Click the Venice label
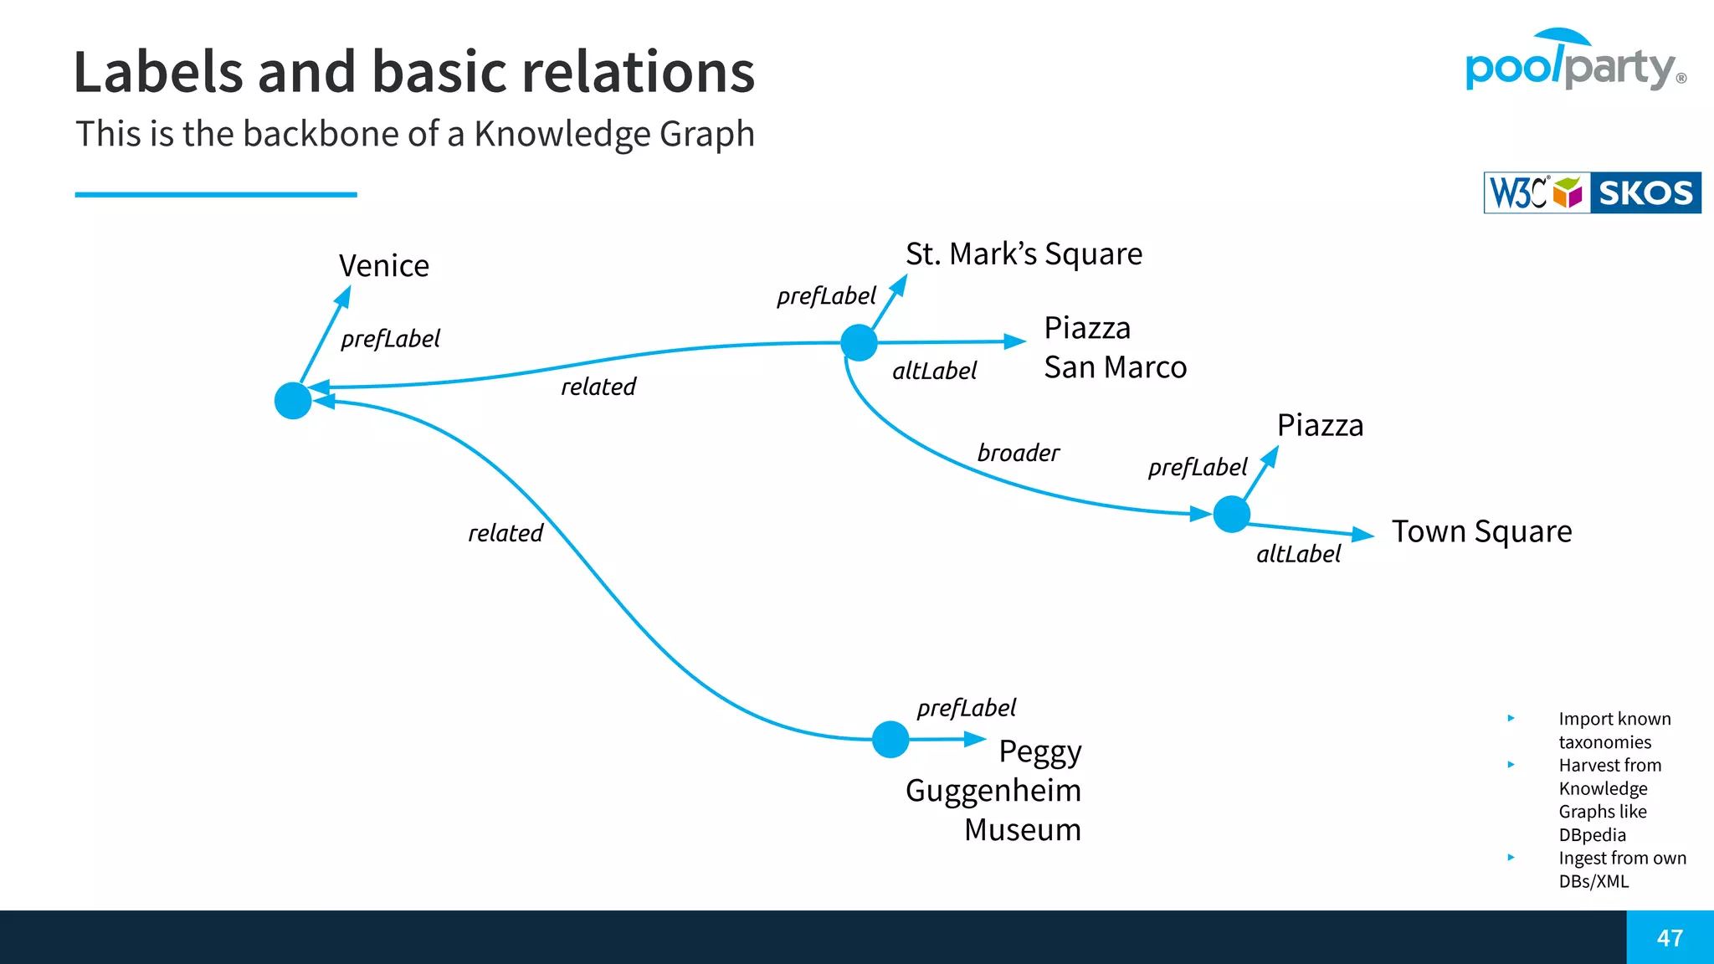[x=384, y=266]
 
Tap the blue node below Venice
[x=293, y=401]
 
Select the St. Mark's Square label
[x=1024, y=254]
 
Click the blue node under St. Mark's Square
[x=859, y=343]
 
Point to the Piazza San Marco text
[x=1114, y=347]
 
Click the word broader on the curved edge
[x=1018, y=454]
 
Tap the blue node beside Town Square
[x=1231, y=514]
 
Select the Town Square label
[x=1481, y=531]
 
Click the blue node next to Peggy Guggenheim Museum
[x=890, y=740]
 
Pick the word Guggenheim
[x=993, y=791]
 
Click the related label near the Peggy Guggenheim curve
[x=505, y=533]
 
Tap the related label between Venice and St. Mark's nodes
[x=598, y=387]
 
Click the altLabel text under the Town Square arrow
[x=1298, y=554]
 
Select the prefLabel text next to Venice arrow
[x=390, y=339]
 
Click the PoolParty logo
[x=1573, y=62]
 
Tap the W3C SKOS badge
[x=1592, y=192]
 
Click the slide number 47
[x=1670, y=938]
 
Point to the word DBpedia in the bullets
[x=1592, y=835]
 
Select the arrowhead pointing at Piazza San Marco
[x=1014, y=341]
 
